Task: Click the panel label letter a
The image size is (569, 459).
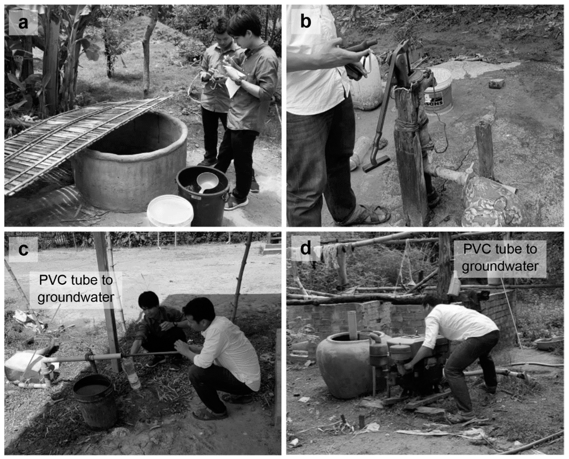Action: pos(23,23)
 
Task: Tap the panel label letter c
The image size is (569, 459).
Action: pos(23,249)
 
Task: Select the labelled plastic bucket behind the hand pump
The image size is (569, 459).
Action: pos(437,91)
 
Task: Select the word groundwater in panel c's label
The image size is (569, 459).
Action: pos(76,297)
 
